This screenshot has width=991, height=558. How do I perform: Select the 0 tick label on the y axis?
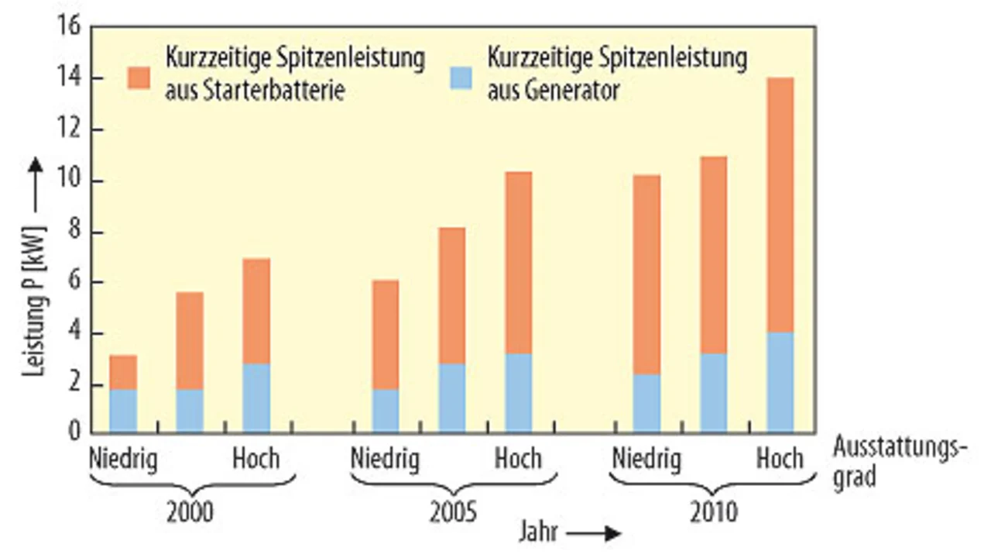[x=74, y=432]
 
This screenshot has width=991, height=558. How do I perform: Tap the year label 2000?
[x=190, y=513]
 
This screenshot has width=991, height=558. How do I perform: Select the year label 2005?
[x=452, y=513]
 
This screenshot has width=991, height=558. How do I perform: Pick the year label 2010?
[x=713, y=513]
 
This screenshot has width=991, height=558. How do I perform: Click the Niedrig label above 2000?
[x=123, y=460]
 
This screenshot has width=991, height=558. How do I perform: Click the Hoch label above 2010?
[x=780, y=460]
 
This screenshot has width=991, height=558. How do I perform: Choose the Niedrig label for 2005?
[x=385, y=460]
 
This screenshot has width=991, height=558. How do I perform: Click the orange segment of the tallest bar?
[x=780, y=205]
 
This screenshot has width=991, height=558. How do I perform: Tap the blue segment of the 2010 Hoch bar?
[x=780, y=382]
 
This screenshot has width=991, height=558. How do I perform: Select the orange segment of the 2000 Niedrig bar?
[x=123, y=372]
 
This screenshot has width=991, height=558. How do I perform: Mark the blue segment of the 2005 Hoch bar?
[x=519, y=393]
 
